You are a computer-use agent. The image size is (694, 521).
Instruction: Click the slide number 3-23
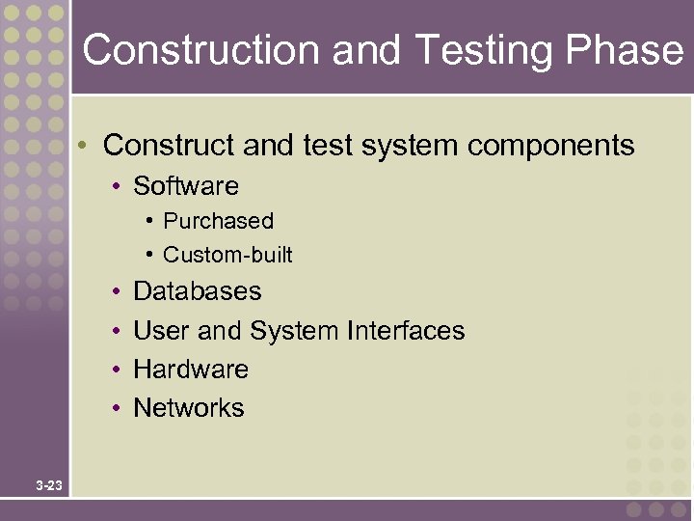(49, 485)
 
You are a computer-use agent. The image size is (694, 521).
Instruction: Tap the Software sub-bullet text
(185, 185)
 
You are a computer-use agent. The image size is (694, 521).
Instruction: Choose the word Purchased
(218, 221)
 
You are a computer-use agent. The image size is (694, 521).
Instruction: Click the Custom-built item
(227, 255)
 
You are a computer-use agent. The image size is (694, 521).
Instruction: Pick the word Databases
(197, 291)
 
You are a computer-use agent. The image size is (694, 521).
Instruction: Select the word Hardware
(190, 370)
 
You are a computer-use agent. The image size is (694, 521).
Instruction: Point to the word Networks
(188, 408)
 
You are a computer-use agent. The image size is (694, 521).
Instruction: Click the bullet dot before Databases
(115, 292)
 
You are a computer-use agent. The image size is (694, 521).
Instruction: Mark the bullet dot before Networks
(115, 409)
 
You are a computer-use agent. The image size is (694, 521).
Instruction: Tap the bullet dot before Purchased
(151, 221)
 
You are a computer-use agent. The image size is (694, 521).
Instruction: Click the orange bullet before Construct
(85, 147)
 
